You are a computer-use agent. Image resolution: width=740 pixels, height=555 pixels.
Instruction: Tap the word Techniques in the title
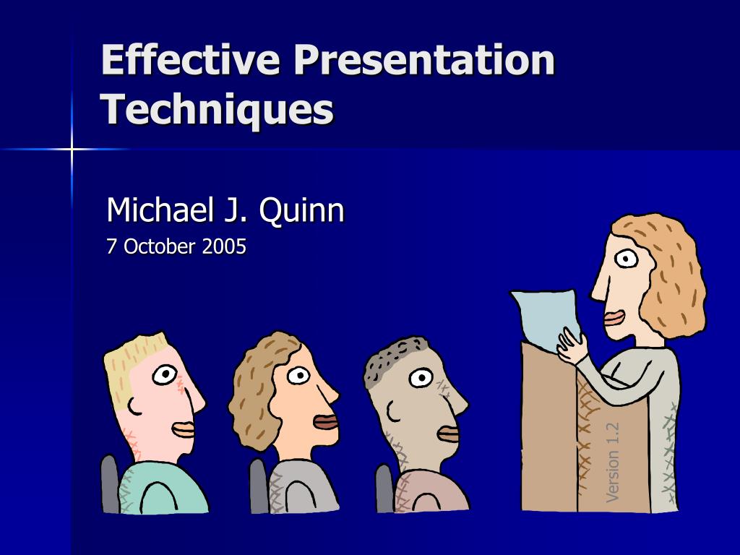(x=217, y=109)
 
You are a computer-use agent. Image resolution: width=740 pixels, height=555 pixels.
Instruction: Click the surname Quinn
(x=301, y=210)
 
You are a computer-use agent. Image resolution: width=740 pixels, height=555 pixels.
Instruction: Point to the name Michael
(x=159, y=210)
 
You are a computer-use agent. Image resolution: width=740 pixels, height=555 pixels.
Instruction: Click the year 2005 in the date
(x=224, y=246)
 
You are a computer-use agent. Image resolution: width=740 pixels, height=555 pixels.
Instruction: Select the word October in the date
(x=160, y=246)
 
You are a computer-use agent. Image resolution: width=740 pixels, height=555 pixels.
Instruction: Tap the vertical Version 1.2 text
(x=613, y=462)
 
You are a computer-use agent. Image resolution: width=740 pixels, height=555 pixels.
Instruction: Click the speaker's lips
(x=614, y=318)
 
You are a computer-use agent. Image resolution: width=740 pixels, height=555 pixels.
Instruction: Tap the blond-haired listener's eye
(x=165, y=374)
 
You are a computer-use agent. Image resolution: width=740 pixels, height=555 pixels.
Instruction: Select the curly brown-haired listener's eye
(x=298, y=375)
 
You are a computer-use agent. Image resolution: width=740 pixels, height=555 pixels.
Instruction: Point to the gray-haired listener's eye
(x=421, y=377)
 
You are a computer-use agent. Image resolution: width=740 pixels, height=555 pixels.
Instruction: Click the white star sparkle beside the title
(x=72, y=149)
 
